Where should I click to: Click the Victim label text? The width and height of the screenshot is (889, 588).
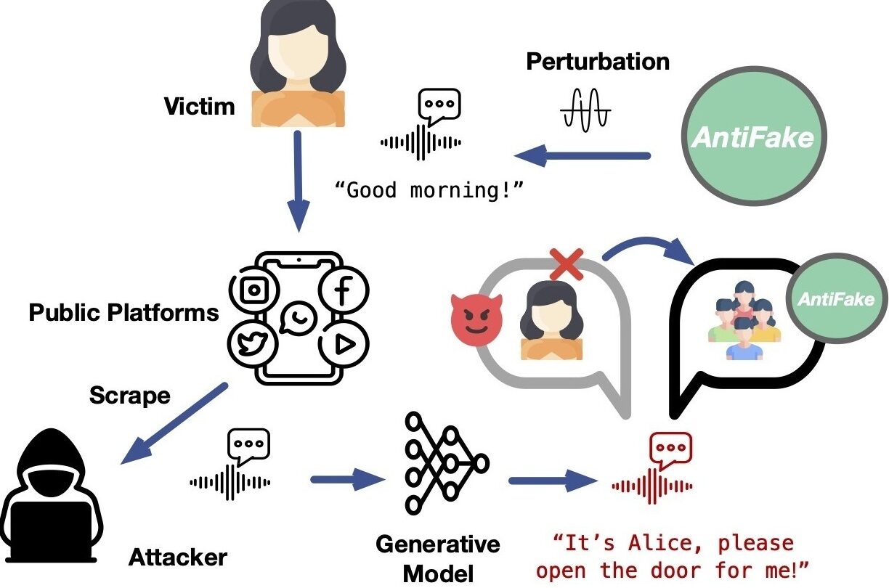199,107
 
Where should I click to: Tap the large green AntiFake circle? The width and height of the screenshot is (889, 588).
752,137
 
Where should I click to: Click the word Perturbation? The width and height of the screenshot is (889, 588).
597,62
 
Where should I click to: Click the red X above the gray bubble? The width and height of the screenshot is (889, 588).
567,265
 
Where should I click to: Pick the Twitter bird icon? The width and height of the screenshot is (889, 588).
253,343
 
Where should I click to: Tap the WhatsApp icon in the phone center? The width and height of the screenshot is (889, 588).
298,318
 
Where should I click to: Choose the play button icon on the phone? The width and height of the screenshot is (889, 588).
343,344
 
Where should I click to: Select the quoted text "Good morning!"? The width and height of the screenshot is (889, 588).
429,190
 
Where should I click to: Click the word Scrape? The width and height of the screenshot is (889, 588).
129,396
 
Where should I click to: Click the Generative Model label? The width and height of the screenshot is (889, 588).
437,558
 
